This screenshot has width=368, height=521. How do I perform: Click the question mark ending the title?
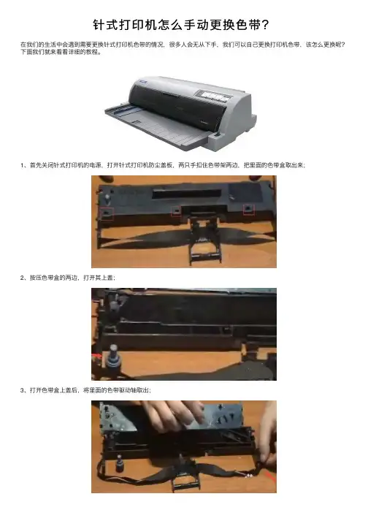coord(265,25)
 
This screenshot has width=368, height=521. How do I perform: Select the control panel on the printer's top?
coord(215,96)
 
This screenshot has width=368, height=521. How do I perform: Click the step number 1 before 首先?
coord(22,165)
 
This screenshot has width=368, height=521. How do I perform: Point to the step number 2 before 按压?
coord(22,278)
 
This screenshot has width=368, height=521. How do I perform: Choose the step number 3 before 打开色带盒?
coord(22,390)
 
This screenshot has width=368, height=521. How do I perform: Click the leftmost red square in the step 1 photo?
coord(107,213)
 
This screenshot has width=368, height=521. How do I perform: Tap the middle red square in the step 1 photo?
coord(176,210)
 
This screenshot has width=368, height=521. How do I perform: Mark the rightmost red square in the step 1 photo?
coord(249,209)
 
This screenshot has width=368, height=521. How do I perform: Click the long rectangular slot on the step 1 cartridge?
coord(187,194)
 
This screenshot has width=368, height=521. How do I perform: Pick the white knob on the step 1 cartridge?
coord(107,199)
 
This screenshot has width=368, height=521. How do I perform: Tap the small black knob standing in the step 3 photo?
coord(119,463)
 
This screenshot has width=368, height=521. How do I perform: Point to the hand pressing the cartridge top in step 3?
coord(173,416)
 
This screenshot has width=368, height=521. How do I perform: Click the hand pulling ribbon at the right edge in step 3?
coord(269,436)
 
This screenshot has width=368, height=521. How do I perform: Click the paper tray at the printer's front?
coord(156,125)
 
